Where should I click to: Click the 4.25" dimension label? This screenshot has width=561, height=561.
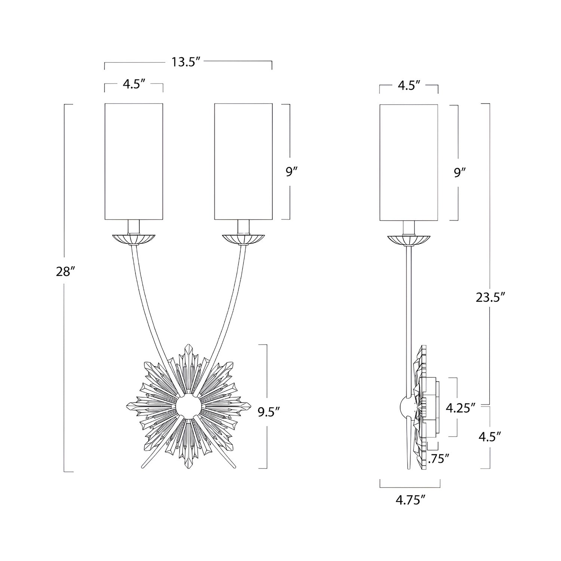[x=460, y=408]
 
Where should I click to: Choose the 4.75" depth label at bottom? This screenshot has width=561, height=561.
[x=410, y=500]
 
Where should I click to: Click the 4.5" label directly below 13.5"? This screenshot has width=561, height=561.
[x=134, y=84]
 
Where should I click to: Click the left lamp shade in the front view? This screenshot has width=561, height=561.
[x=134, y=161]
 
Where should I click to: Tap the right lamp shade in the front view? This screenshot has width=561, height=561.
[x=243, y=161]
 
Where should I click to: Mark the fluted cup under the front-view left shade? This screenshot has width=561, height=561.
[x=134, y=239]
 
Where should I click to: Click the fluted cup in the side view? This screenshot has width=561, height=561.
[x=409, y=239]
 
